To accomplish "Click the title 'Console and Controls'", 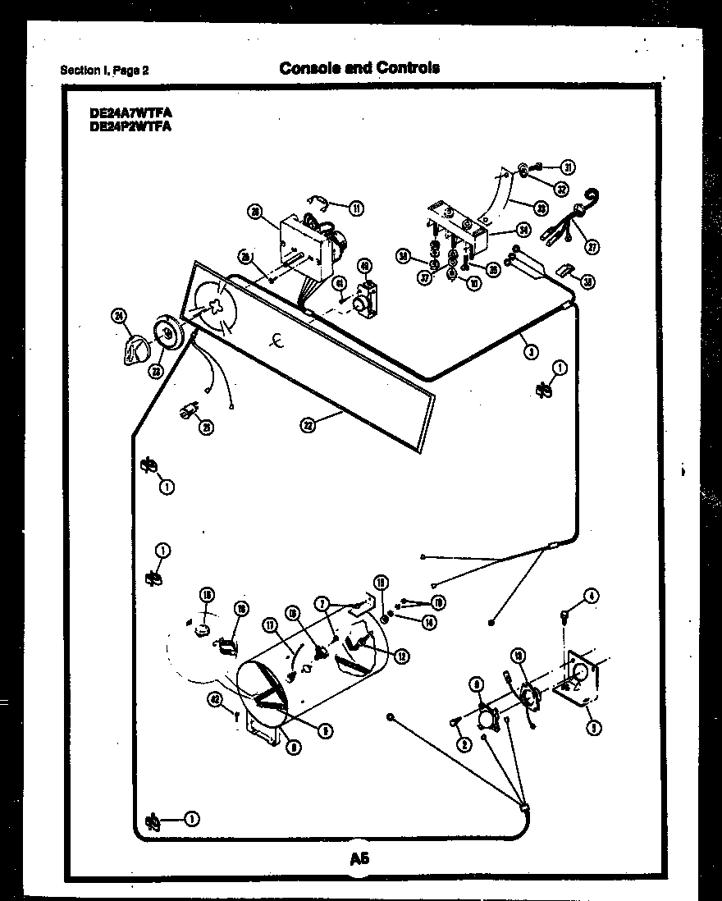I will tap(359, 67).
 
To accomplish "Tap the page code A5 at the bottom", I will tap(359, 859).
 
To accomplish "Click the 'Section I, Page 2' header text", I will tap(105, 71).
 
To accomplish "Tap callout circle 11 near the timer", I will tap(356, 208).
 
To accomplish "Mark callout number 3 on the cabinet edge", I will tap(532, 351).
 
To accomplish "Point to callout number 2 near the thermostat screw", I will tap(464, 744).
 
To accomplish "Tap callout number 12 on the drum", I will tap(401, 655).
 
